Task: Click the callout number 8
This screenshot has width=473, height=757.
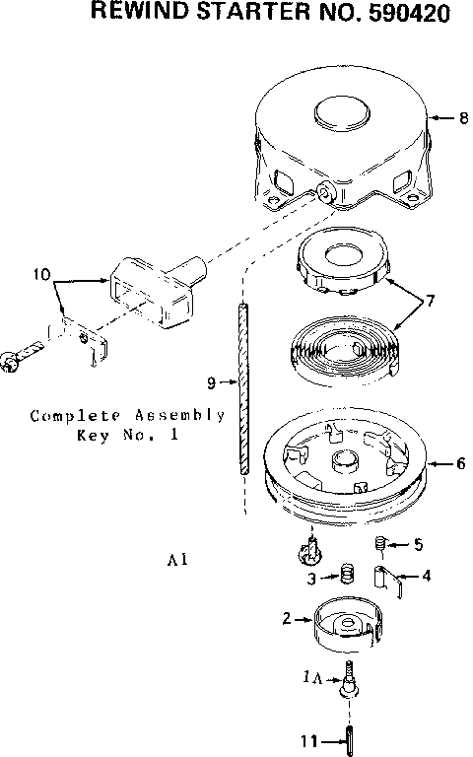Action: (x=462, y=118)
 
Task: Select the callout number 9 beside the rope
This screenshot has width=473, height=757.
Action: (x=211, y=380)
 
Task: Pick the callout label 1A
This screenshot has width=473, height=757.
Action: (x=311, y=677)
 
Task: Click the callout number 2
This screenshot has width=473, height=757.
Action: (x=287, y=619)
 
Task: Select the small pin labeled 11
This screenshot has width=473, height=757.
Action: (x=350, y=736)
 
